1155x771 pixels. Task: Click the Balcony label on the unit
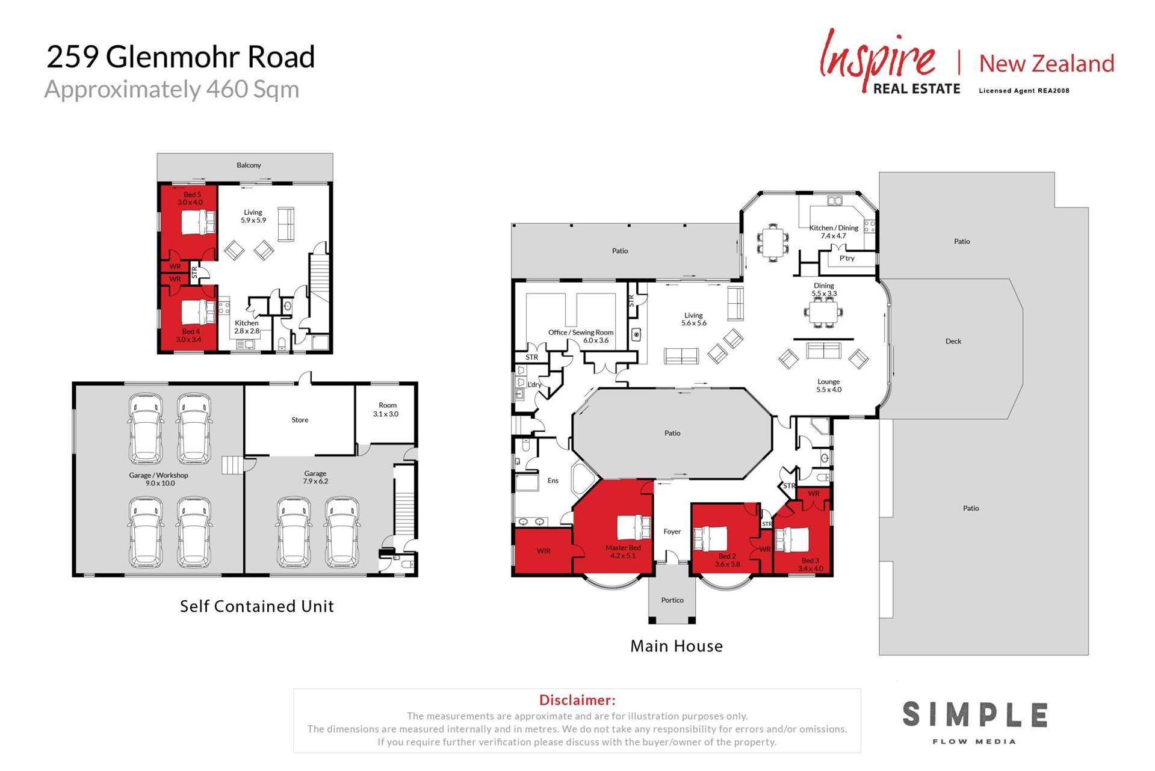coord(249,165)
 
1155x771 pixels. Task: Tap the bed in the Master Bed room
coord(633,527)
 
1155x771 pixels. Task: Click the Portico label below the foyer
coord(672,600)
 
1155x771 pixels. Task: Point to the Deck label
coord(953,342)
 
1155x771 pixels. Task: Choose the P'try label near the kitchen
coord(847,259)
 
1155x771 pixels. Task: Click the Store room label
coord(300,420)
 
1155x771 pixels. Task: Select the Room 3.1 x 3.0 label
coord(386,410)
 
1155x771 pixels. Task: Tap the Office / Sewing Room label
coord(581,336)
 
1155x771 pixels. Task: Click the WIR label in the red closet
coord(543,551)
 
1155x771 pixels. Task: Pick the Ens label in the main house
coord(553,481)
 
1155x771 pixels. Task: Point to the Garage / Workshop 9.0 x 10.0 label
coord(159,479)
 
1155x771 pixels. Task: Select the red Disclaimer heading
coord(577,700)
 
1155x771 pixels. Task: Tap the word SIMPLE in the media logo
coord(974,715)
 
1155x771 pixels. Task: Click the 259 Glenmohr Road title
coord(181,58)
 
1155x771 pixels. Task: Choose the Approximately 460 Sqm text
coord(172,90)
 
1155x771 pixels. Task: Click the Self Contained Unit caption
coord(257,606)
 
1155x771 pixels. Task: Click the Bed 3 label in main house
coord(810,564)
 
